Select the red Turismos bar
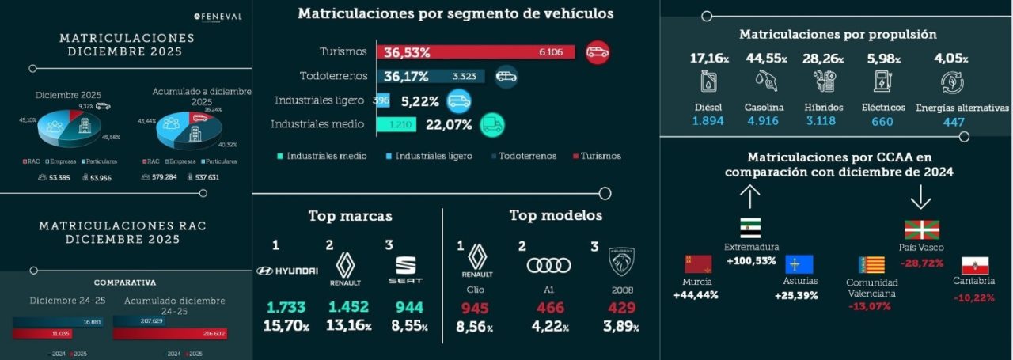click(475, 52)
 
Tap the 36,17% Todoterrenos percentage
click(406, 77)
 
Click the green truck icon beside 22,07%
click(491, 124)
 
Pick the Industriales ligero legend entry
click(431, 156)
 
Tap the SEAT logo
click(409, 270)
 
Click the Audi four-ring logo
click(548, 265)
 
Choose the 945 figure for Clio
click(475, 308)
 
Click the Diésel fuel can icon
click(708, 81)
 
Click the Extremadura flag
click(750, 228)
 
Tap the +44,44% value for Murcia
click(696, 295)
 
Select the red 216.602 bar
click(170, 334)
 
